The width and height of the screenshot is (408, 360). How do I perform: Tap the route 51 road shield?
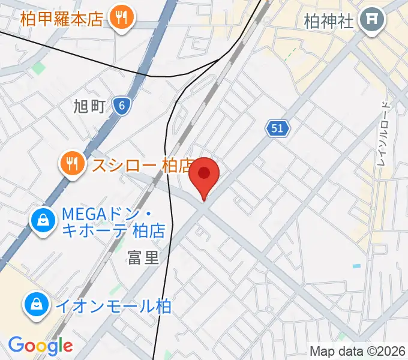click(x=277, y=128)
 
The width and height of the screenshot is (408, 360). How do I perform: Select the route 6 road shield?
click(x=122, y=106)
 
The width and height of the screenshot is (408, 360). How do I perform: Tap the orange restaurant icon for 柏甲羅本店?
click(x=122, y=18)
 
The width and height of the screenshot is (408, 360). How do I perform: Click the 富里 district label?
click(x=143, y=258)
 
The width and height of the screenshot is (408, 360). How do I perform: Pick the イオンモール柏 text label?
click(x=114, y=306)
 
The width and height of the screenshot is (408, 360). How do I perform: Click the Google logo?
click(x=40, y=346)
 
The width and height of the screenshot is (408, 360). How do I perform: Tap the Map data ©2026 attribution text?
click(x=358, y=351)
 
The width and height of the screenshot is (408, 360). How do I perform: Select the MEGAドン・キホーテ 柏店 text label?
click(x=104, y=221)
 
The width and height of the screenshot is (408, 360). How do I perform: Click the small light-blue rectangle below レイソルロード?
click(x=357, y=265)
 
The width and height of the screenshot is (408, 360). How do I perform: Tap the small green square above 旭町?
click(x=38, y=68)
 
